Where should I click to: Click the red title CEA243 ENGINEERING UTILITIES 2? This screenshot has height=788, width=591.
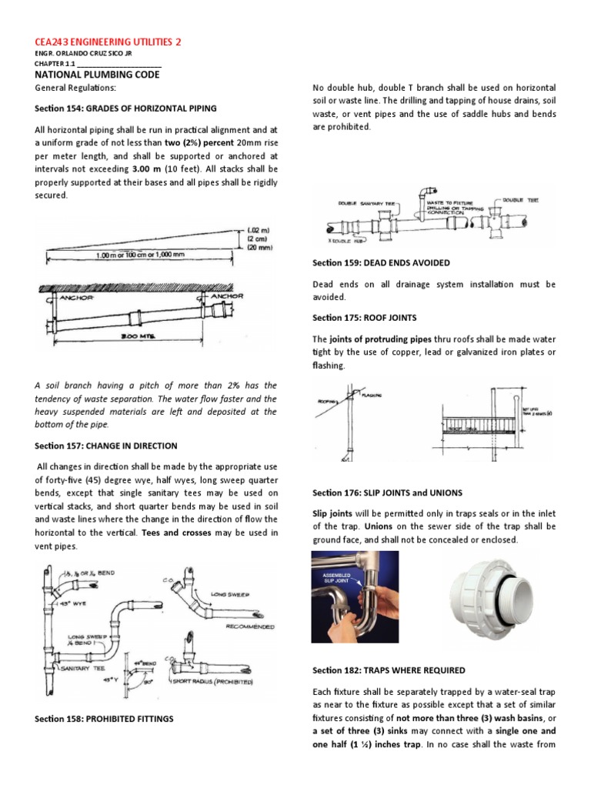pyautogui.click(x=110, y=42)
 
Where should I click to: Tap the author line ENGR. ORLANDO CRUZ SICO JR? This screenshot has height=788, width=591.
pyautogui.click(x=80, y=55)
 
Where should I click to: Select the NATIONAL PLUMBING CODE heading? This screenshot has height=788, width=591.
pyautogui.click(x=94, y=75)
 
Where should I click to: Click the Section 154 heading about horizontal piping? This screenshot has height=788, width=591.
pyautogui.click(x=126, y=109)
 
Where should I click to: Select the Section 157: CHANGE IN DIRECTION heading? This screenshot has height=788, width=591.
pyautogui.click(x=106, y=446)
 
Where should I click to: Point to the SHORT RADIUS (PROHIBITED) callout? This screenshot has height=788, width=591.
pyautogui.click(x=224, y=680)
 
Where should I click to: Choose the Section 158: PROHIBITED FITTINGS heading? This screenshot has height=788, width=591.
pyautogui.click(x=104, y=719)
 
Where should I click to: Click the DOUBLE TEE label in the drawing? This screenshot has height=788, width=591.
pyautogui.click(x=521, y=199)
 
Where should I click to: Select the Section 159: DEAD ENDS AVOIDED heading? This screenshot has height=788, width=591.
pyautogui.click(x=381, y=262)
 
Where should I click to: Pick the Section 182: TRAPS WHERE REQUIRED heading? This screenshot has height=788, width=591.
pyautogui.click(x=389, y=670)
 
